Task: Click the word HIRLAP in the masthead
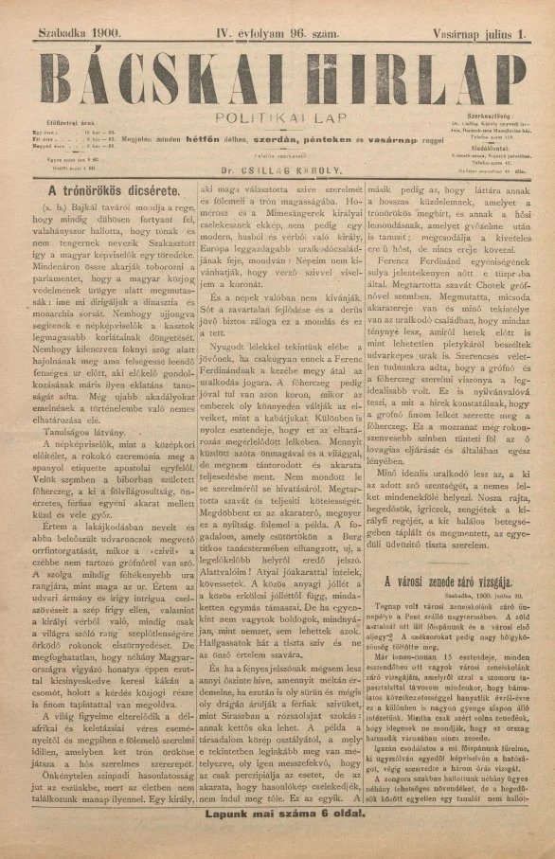tap(412, 74)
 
